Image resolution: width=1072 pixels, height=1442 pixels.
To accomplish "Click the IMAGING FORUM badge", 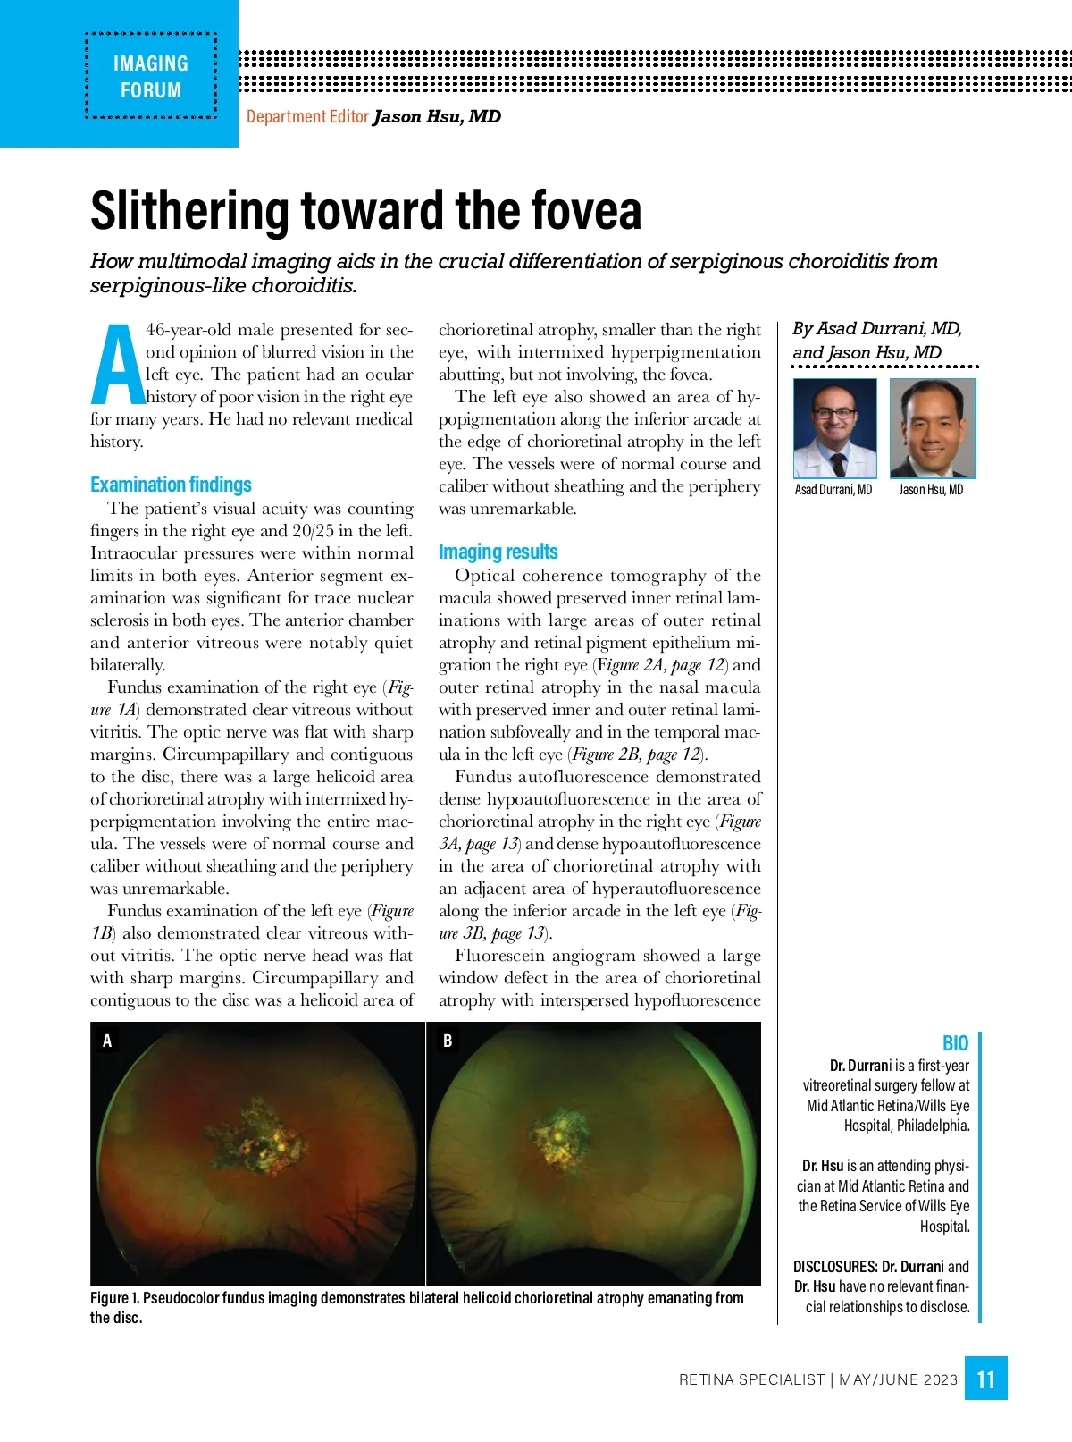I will [x=150, y=76].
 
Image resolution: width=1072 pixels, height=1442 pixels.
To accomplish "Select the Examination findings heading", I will [x=171, y=485].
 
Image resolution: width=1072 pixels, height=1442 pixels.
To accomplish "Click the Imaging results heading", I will [x=498, y=552].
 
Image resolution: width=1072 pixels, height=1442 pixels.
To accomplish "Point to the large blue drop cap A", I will [x=117, y=365].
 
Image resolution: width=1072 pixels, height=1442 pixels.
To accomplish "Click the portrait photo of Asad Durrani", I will [x=834, y=428].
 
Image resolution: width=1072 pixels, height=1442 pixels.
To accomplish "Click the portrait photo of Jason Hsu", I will [x=933, y=428].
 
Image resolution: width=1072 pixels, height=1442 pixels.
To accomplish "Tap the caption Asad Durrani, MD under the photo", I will [x=833, y=490].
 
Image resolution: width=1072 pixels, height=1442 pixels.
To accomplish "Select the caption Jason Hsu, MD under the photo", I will [x=931, y=490].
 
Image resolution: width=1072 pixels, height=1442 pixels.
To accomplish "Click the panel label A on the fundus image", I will [x=107, y=1041].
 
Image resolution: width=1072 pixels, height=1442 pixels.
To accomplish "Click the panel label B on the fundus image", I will [x=448, y=1041].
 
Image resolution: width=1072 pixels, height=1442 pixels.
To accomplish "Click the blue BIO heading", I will [x=955, y=1043].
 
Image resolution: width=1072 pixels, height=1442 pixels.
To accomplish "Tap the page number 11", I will [x=985, y=1379].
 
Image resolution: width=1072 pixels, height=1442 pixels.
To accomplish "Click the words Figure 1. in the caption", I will [x=114, y=1298].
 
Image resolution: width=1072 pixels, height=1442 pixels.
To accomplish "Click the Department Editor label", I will [x=307, y=117].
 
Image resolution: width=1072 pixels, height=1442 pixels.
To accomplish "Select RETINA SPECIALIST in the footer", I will [x=751, y=1379].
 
